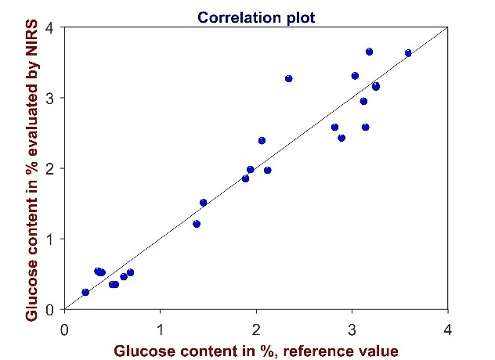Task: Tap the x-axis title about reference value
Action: pos(257,350)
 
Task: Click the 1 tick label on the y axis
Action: pos(50,239)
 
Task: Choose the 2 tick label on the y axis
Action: pos(50,168)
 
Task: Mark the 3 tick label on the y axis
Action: pos(50,98)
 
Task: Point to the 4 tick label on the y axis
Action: pos(50,28)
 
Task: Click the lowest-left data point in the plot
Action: pos(85,292)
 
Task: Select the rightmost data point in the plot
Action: pos(408,53)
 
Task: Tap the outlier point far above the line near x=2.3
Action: pos(288,78)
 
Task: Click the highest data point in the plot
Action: pos(369,52)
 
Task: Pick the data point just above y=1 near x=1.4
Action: pos(197,224)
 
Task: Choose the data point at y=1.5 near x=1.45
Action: pos(203,203)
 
